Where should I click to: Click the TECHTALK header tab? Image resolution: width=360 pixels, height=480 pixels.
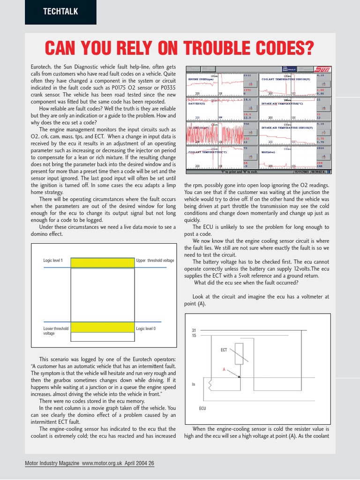click(60, 12)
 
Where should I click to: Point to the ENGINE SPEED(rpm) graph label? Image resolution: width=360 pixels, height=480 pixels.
click(201, 79)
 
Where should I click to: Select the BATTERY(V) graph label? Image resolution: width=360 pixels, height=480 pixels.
click(197, 104)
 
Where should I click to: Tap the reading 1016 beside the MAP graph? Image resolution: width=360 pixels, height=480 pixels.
click(320, 148)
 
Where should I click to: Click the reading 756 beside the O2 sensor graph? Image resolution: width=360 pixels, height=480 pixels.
click(246, 124)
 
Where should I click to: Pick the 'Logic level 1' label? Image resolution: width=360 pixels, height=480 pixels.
click(53, 260)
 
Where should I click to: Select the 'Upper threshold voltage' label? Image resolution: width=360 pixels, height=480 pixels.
click(155, 260)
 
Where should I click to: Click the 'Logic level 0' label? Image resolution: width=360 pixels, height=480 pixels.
click(146, 329)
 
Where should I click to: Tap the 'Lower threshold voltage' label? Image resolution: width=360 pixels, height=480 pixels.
click(55, 331)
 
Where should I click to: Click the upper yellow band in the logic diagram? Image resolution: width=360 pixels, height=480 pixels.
click(102, 262)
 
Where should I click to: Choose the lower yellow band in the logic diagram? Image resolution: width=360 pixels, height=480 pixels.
click(102, 327)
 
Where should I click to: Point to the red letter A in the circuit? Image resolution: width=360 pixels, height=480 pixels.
click(224, 369)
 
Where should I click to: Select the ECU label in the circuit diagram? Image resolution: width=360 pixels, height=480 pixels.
click(202, 408)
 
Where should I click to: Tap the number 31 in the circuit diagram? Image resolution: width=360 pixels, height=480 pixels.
click(194, 330)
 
